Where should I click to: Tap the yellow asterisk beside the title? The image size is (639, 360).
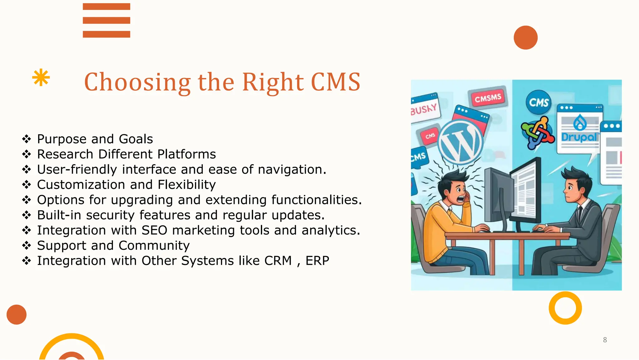point(41,78)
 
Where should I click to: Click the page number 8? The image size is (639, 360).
point(605,340)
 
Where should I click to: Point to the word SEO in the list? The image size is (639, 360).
point(154,230)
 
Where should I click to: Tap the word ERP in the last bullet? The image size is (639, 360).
point(317,261)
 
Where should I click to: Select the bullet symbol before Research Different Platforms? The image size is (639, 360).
point(27,154)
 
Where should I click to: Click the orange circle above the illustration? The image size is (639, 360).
point(525,37)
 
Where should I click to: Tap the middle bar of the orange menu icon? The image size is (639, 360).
point(106,20)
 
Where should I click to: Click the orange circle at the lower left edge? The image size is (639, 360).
point(17,314)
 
